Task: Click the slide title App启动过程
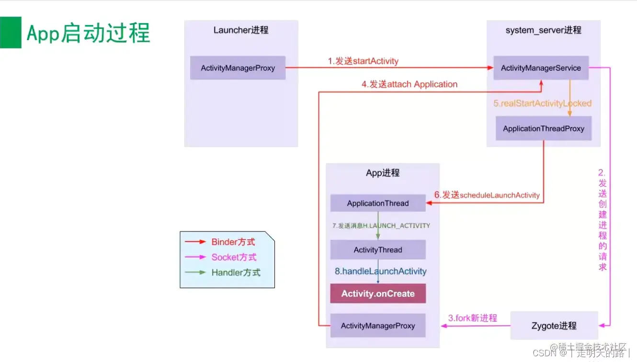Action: [x=88, y=33]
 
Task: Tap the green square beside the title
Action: [x=11, y=33]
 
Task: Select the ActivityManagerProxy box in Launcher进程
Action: [x=238, y=68]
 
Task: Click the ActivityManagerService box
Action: [x=541, y=68]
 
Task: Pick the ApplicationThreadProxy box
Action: [x=543, y=128]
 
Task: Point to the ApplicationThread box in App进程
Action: [x=378, y=203]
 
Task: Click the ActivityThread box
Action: [x=378, y=249]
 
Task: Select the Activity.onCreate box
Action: [x=378, y=294]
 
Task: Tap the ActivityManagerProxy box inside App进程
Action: [x=378, y=326]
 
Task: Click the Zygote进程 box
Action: [x=554, y=326]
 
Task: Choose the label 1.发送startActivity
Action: [x=363, y=61]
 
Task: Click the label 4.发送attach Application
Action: [x=409, y=84]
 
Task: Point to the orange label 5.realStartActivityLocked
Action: [x=542, y=103]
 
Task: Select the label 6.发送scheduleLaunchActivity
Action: [x=487, y=195]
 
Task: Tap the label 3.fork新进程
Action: [x=472, y=318]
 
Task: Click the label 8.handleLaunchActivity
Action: [x=380, y=271]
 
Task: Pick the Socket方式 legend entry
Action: [x=234, y=257]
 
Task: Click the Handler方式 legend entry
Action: [x=236, y=272]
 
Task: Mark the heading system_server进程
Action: [x=543, y=30]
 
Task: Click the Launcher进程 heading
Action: [x=241, y=30]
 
